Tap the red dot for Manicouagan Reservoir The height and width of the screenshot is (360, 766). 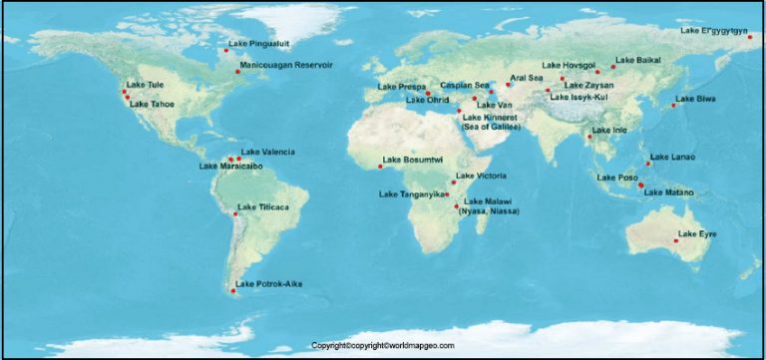point(237,72)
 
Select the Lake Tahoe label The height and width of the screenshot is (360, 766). point(152,104)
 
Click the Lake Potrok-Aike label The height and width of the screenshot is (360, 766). point(268,284)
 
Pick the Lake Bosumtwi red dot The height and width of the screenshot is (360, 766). point(380,166)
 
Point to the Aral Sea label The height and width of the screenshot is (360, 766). point(526,78)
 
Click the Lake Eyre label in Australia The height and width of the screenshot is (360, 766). point(697,233)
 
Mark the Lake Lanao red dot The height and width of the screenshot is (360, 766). point(648,163)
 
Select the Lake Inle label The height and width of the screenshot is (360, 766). point(609,131)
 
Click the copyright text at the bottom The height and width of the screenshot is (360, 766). point(383,345)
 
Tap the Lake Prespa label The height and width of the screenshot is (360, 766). point(402,88)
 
